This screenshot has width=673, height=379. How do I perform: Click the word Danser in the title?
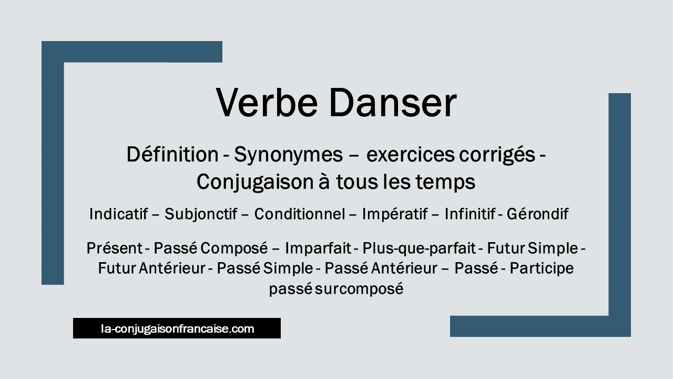coord(393,102)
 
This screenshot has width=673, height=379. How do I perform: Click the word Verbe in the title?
coord(267,102)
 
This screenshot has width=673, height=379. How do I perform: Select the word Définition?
coord(172,154)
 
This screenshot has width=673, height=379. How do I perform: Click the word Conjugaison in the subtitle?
coord(255,183)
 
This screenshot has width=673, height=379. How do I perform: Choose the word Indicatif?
coord(118,214)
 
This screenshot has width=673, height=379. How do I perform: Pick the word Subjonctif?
coord(201,214)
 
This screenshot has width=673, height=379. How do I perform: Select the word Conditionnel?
coord(300,214)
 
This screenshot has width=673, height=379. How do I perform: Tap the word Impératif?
coord(395,214)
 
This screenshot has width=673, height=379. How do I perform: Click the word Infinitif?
coord(470,214)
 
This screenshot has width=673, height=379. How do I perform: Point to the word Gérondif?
coord(537,214)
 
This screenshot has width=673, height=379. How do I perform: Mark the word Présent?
coord(115,248)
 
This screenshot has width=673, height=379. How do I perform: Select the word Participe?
coord(542,268)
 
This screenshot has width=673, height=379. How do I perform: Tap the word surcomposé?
coord(359,290)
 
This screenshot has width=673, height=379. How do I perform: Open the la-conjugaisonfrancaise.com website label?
coord(177,328)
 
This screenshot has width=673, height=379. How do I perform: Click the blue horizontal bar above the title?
coord(132,52)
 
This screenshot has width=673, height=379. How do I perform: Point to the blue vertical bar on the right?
coord(619,205)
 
